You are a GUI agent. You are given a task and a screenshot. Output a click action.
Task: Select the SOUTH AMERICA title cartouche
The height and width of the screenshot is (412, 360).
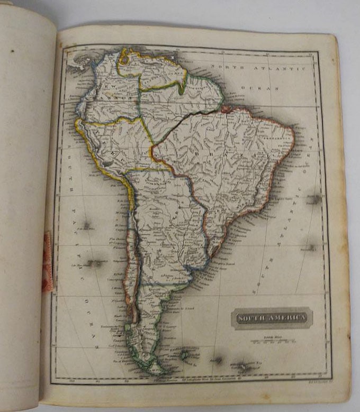point(271,318)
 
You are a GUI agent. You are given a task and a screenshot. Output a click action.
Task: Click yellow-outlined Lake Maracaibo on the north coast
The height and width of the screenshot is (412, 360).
point(124,61)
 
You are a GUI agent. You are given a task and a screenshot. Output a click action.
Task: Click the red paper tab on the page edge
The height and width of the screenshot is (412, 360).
point(48,262)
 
